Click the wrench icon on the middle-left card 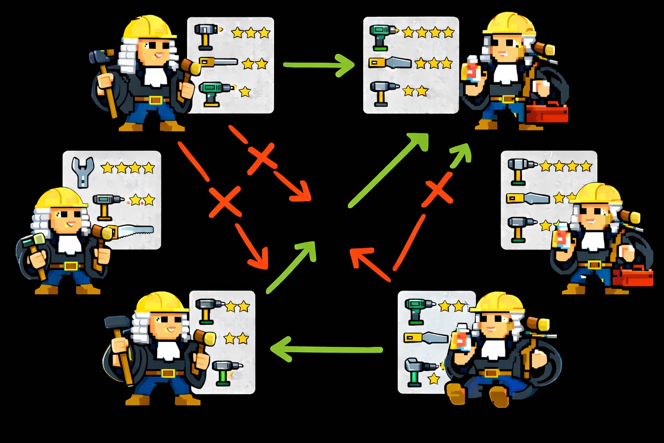(x=83, y=172)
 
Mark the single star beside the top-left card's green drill (x=245, y=92)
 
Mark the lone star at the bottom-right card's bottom (x=434, y=378)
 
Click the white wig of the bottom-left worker (x=140, y=327)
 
